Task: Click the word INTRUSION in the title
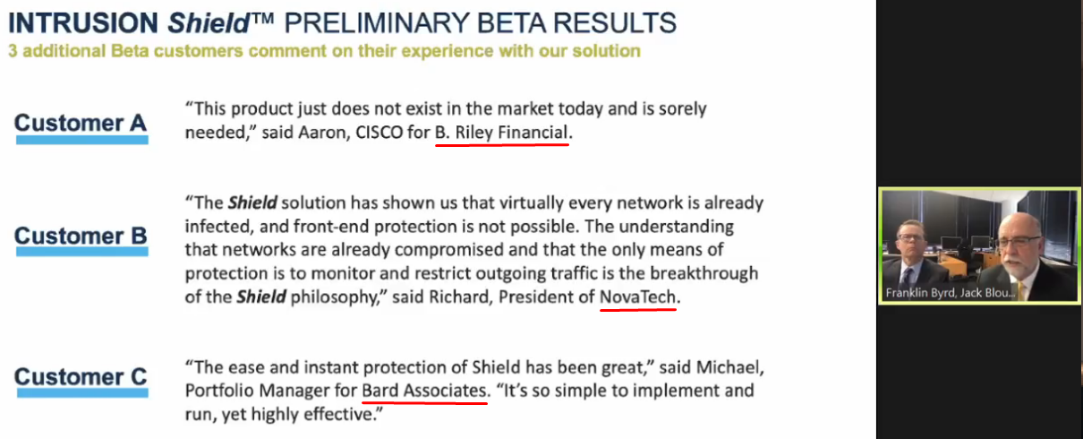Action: pyautogui.click(x=83, y=22)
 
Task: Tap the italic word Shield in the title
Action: pyautogui.click(x=209, y=22)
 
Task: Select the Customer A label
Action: pyautogui.click(x=81, y=123)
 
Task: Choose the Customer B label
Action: pyautogui.click(x=81, y=236)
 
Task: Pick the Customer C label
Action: pyautogui.click(x=81, y=376)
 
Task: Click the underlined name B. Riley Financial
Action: pyautogui.click(x=501, y=132)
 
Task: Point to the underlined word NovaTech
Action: pyautogui.click(x=637, y=297)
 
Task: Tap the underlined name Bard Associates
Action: pyautogui.click(x=424, y=390)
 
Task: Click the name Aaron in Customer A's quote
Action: pyautogui.click(x=324, y=132)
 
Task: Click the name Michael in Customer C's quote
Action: pyautogui.click(x=729, y=367)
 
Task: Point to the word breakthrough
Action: pyautogui.click(x=704, y=273)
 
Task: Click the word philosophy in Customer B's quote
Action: pyautogui.click(x=334, y=297)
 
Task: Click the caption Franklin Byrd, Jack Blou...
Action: pyautogui.click(x=950, y=293)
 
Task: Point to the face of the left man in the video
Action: pyautogui.click(x=912, y=242)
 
